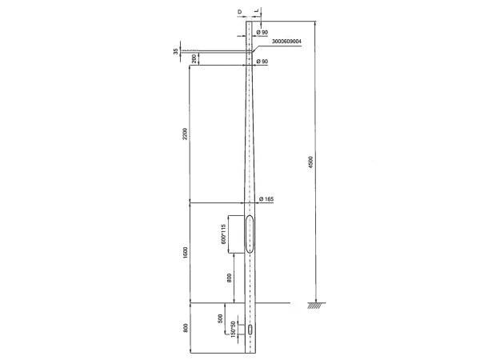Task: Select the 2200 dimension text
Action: (x=185, y=134)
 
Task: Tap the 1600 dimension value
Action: (x=185, y=252)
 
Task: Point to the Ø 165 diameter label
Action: (x=267, y=198)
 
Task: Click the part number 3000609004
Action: (x=286, y=41)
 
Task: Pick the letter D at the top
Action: (x=240, y=12)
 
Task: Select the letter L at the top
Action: (x=256, y=12)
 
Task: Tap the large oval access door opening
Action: (x=250, y=234)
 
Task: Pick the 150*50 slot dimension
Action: (x=232, y=329)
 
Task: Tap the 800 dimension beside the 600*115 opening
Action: (x=230, y=278)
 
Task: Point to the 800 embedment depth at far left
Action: (x=185, y=328)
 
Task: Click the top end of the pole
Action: (x=250, y=18)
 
